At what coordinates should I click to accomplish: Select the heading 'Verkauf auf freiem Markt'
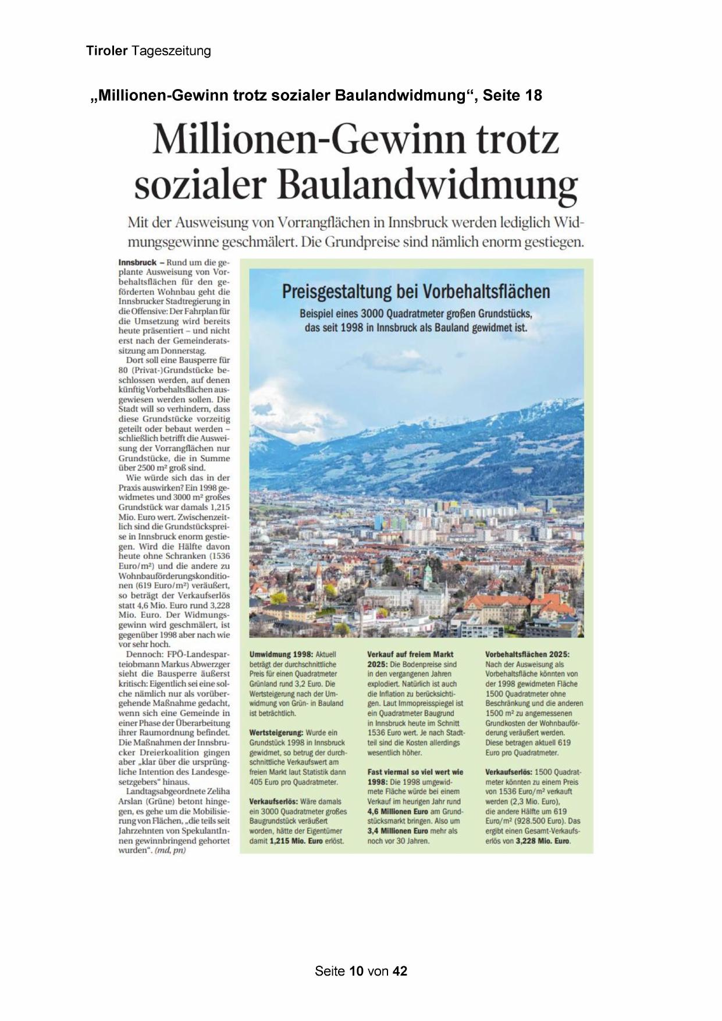410,654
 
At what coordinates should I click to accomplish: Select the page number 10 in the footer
357,971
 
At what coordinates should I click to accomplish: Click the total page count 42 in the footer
400,971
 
